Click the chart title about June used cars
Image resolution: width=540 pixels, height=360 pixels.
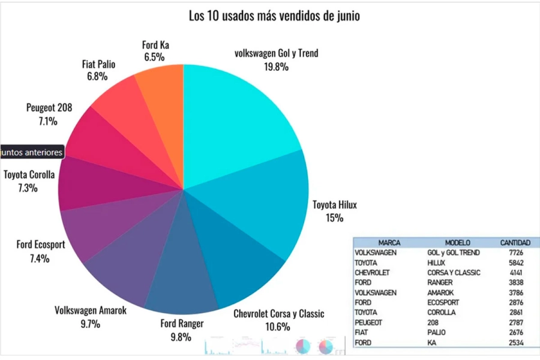[274, 16]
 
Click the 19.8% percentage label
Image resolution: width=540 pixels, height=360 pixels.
[276, 67]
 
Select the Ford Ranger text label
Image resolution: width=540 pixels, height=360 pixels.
[182, 324]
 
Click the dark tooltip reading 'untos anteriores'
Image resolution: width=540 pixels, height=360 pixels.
[32, 152]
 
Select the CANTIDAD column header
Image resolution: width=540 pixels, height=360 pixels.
[515, 243]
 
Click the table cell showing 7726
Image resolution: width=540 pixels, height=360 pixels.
[515, 253]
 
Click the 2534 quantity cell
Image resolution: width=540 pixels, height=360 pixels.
[515, 343]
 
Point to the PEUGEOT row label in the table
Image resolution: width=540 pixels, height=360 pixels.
[370, 322]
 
